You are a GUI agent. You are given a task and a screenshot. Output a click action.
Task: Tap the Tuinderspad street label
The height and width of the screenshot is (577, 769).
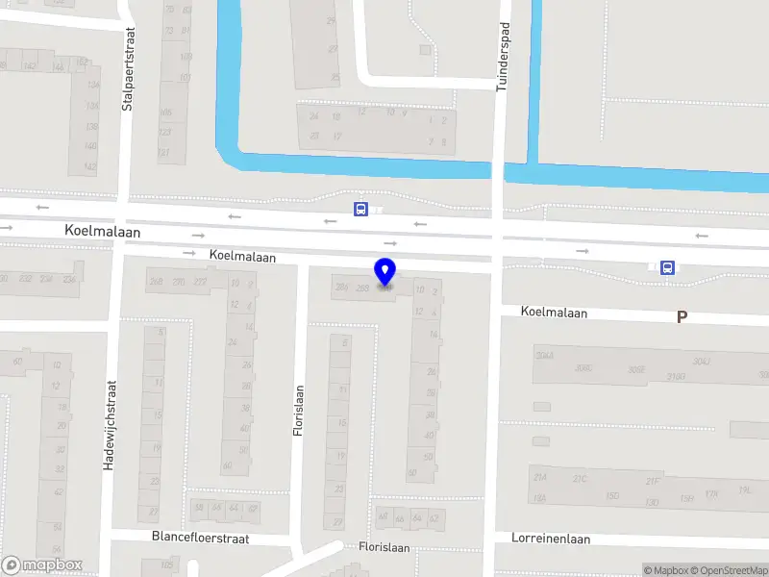pos(501,58)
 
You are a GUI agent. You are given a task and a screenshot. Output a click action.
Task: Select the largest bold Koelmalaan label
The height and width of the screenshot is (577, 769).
pos(103,232)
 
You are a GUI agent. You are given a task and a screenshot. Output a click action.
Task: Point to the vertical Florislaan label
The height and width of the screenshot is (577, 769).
pos(298,411)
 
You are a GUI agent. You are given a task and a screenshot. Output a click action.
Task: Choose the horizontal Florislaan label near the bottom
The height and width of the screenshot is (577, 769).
pos(384,547)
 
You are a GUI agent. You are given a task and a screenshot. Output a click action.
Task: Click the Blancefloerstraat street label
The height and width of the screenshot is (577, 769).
pos(200,539)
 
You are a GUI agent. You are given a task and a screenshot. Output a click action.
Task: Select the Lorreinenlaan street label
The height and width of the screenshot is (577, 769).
pos(551,539)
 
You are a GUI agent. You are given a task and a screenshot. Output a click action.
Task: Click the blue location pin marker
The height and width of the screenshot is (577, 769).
pos(384,272)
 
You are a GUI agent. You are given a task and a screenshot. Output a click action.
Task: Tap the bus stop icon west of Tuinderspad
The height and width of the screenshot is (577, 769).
pos(360,209)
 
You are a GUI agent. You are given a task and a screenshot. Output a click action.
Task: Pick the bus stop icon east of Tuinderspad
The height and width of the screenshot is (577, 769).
pos(667,268)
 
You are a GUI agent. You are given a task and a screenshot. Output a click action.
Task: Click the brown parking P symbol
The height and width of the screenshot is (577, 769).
pos(682,316)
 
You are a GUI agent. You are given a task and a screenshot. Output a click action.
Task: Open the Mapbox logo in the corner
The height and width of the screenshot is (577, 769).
pos(42,565)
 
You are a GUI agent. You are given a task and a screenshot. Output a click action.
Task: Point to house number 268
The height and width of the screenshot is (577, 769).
pos(155,282)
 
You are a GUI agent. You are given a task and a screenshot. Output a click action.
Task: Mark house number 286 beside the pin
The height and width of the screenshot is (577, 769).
pos(341,288)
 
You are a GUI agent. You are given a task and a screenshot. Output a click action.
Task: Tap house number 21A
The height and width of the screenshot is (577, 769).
pos(540,478)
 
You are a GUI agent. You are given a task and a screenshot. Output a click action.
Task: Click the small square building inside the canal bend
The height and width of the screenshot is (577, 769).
pos(425,49)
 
